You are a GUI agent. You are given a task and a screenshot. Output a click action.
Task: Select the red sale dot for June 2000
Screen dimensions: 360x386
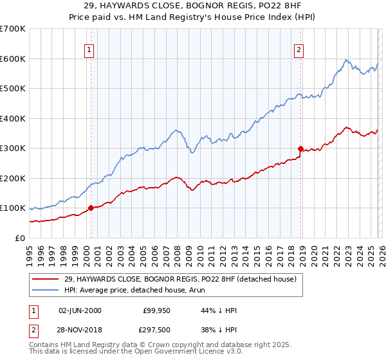pos(91,208)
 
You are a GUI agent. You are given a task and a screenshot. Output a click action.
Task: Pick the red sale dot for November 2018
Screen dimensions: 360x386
pos(300,148)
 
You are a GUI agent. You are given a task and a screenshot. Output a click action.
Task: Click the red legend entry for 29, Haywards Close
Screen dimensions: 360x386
pos(179,279)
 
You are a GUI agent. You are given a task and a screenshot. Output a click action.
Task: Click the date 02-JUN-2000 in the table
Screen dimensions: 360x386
pos(80,310)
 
